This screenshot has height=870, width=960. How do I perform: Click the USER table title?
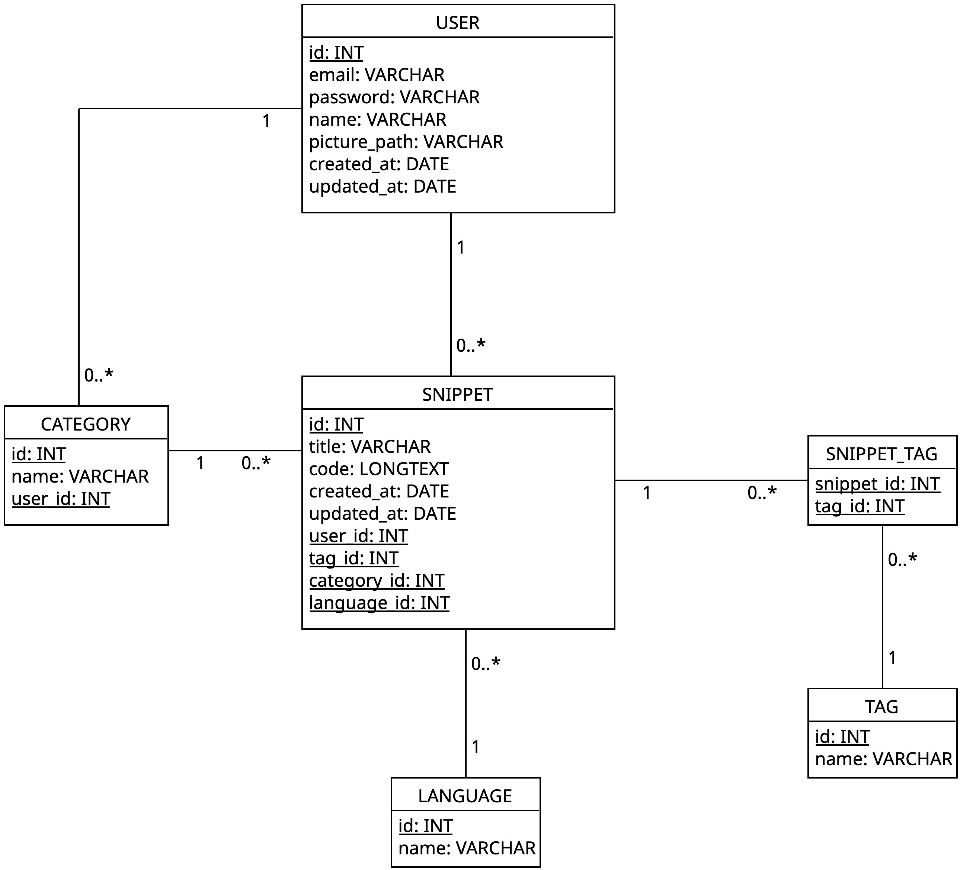point(458,23)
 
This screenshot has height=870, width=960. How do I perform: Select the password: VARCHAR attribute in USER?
point(394,97)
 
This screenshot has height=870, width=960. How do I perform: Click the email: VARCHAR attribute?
point(377,75)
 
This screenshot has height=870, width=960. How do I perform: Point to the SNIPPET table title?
point(458,394)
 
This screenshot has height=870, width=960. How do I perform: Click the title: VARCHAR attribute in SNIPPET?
point(370,447)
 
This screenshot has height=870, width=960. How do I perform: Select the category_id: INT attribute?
point(377,581)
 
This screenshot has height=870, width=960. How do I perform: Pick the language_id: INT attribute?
point(379,603)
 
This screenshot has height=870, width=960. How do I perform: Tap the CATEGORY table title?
point(86,425)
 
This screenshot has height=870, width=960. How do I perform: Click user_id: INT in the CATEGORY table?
point(61,499)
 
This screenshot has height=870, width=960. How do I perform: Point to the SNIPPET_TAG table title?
point(882,454)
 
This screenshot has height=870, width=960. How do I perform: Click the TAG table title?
point(882,707)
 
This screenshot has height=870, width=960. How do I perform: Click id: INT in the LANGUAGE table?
point(426,826)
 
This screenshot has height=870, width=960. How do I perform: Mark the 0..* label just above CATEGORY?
point(99,376)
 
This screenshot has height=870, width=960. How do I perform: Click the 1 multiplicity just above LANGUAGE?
point(476,747)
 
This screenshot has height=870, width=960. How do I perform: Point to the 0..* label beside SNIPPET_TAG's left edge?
point(762,493)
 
